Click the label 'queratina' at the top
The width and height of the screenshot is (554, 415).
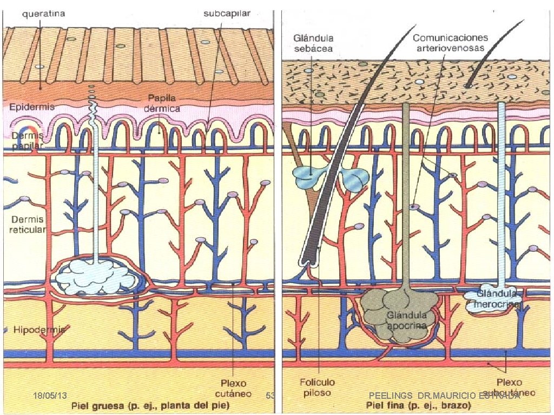pyautogui.click(x=44, y=14)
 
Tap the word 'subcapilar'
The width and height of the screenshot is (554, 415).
pyautogui.click(x=227, y=14)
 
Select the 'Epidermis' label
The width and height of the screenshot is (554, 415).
pyautogui.click(x=32, y=107)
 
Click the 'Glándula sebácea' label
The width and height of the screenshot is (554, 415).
pyautogui.click(x=314, y=43)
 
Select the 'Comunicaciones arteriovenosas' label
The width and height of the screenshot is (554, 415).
pyautogui.click(x=450, y=43)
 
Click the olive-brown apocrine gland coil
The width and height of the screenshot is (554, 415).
pyautogui.click(x=392, y=316)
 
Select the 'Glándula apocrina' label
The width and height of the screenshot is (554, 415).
pyautogui.click(x=407, y=320)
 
